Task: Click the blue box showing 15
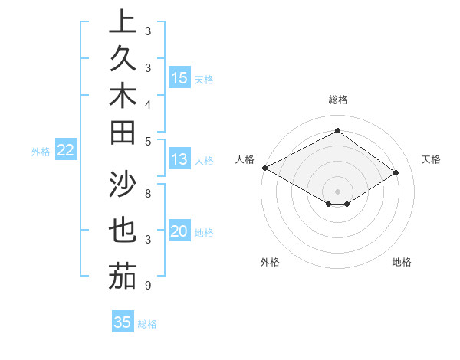(x=179, y=78)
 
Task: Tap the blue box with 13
(x=179, y=160)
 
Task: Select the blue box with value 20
(x=179, y=232)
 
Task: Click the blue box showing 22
(x=66, y=151)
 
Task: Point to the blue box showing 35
(x=123, y=322)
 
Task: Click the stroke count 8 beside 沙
(x=148, y=193)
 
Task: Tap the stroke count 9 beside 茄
(x=148, y=286)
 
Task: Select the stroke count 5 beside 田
(x=148, y=141)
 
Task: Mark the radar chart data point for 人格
(x=264, y=168)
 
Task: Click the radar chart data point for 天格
(x=396, y=173)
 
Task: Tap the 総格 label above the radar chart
(x=337, y=100)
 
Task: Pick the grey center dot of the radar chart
(x=337, y=191)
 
